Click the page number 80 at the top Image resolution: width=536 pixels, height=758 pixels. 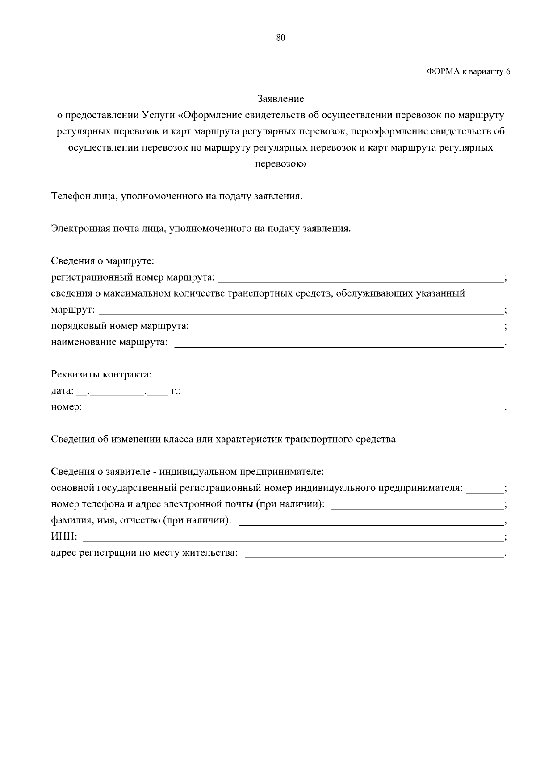pos(281,38)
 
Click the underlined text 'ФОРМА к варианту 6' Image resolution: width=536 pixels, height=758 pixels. pos(468,71)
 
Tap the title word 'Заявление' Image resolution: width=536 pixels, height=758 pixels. pos(281,99)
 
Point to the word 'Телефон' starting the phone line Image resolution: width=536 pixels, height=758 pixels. pos(71,196)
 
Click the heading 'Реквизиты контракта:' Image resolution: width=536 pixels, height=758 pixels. pos(101,374)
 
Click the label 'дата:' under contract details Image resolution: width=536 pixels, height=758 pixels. pos(62,391)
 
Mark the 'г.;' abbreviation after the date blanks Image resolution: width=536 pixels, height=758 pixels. pos(176,391)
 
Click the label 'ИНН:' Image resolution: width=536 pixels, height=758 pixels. pos(64,537)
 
